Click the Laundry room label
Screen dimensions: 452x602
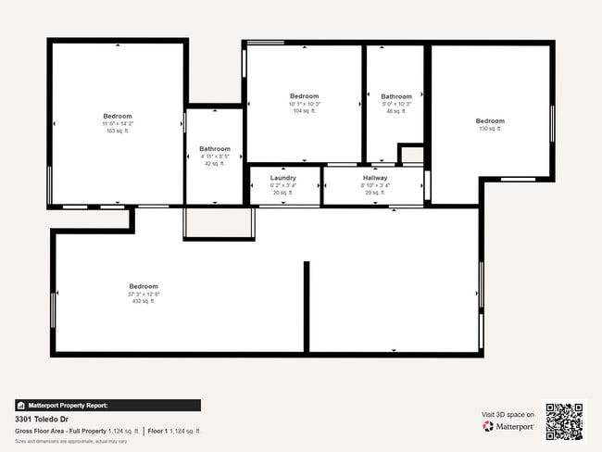click(x=282, y=178)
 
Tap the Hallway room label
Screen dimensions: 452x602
click(x=375, y=178)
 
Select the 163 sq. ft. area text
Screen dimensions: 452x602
click(x=118, y=131)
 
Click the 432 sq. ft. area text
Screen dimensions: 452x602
click(x=144, y=301)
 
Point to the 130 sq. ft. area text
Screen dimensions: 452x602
click(x=490, y=129)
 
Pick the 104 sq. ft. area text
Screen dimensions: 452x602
click(x=304, y=111)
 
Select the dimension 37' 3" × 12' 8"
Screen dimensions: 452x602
click(x=144, y=294)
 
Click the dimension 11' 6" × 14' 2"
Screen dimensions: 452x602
click(x=118, y=123)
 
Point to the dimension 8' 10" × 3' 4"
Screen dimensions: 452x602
click(x=375, y=185)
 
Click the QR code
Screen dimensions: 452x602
click(x=564, y=421)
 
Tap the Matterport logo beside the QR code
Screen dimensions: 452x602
click(x=508, y=427)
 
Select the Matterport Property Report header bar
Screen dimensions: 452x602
click(x=107, y=405)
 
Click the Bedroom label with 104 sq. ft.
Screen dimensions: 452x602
click(x=304, y=96)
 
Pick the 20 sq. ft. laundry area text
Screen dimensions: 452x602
click(x=282, y=193)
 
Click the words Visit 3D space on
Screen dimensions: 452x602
click(x=508, y=415)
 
